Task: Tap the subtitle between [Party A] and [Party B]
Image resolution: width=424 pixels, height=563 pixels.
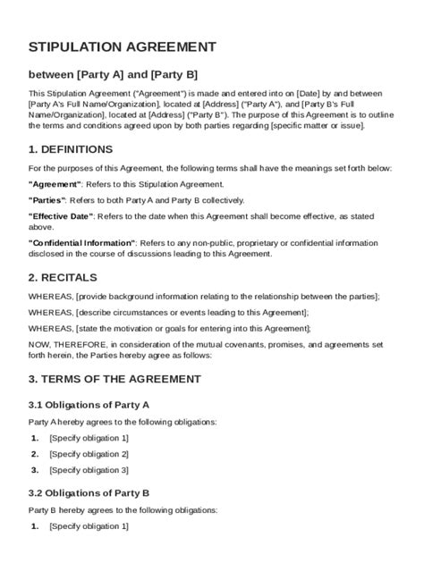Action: click(113, 73)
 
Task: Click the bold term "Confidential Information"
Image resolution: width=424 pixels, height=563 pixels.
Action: click(82, 242)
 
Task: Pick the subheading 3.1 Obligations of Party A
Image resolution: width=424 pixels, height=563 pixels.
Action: click(101, 405)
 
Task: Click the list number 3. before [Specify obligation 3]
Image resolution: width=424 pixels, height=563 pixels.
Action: click(35, 470)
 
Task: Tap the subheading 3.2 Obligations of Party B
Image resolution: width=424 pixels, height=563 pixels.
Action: click(101, 492)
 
